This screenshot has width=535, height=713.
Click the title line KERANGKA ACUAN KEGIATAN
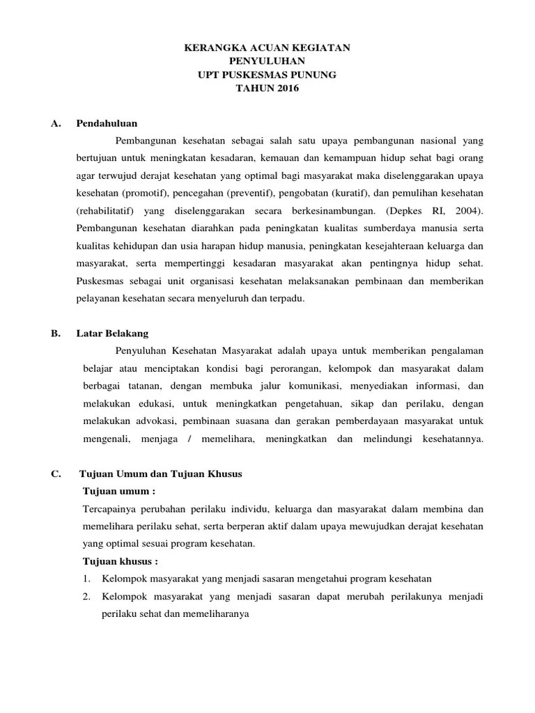pos(267,48)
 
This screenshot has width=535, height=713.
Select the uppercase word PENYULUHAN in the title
pos(267,61)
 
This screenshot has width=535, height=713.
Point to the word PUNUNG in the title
pos(314,75)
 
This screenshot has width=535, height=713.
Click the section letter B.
pos(56,334)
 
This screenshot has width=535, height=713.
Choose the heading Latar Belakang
pos(112,334)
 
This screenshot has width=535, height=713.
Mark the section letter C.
pos(56,474)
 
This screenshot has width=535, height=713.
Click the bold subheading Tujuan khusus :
pos(120,561)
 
